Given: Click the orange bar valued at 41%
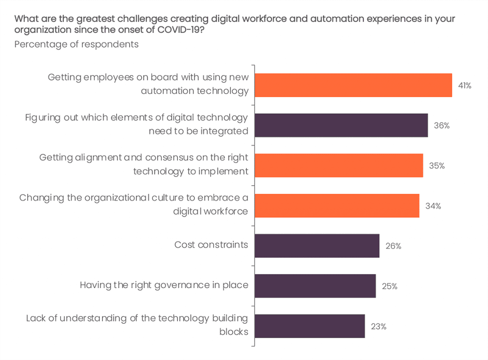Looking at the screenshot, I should coord(353,85).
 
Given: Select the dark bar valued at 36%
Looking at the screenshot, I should coord(341,125).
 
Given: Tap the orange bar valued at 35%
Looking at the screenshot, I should coord(339,165).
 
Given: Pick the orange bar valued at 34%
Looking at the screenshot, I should coord(337,206).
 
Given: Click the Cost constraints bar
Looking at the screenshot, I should coord(317,246).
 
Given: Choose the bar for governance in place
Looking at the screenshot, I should coord(315,286).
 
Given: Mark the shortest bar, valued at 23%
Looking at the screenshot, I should coord(310,326).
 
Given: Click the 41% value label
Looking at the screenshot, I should coord(465,86).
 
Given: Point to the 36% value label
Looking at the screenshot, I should coord(442,126).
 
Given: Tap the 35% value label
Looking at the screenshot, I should coord(437,166).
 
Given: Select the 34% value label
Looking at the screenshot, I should coord(433,206).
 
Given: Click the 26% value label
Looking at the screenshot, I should coord(393,246).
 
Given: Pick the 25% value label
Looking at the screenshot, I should coord(389,286).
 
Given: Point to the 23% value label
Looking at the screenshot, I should coord(378,327).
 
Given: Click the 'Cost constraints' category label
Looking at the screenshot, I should coord(211,245).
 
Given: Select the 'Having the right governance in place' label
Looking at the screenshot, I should coord(164,285).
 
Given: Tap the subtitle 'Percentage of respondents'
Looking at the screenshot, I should coord(77,44).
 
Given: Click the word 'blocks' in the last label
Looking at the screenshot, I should coord(234,331).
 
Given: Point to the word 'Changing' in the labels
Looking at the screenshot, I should coord(38,198).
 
